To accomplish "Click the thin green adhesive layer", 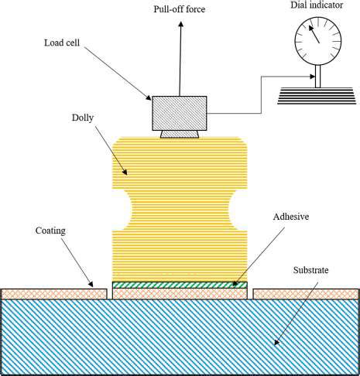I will coord(180,285).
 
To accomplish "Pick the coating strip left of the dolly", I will coord(53,292).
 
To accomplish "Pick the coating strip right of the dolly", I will coord(306,292).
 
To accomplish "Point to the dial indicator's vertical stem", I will coord(317,76).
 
